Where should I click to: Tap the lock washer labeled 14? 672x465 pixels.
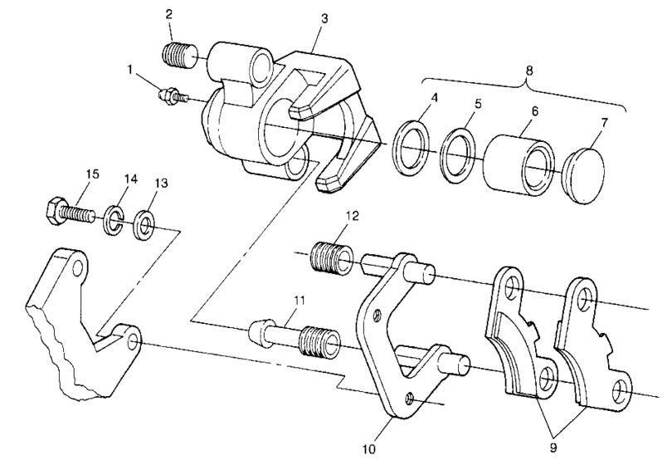point(114,221)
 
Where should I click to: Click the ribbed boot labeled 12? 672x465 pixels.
point(331,255)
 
